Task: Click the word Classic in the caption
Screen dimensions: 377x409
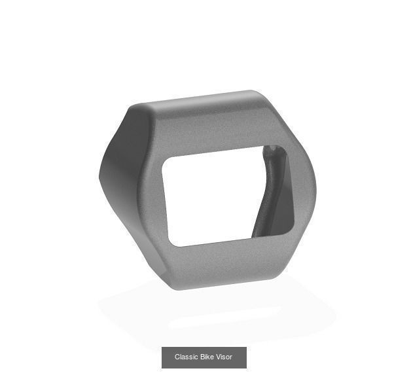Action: (186, 357)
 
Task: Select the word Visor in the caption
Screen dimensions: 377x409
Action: (225, 357)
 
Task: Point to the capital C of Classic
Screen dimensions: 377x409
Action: (177, 357)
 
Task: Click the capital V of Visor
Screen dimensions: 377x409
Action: (219, 357)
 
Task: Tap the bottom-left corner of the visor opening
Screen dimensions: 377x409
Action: (172, 244)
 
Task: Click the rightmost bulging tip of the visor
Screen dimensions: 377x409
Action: (315, 190)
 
